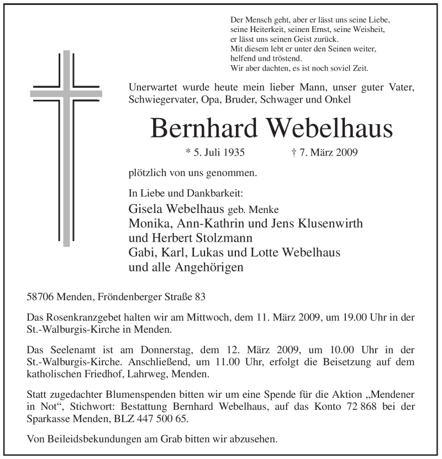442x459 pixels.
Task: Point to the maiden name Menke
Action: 265,210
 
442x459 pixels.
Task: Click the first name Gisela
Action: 146,209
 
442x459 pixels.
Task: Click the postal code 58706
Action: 41,297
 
